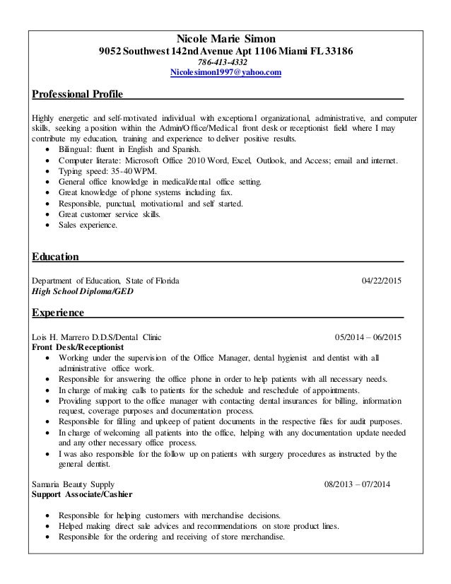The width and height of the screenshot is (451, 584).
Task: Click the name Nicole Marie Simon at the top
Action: pos(225,38)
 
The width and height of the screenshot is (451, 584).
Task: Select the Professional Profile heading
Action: pos(78,94)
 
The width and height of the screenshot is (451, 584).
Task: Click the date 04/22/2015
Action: pos(381,281)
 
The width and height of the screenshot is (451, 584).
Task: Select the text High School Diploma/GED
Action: pos(82,291)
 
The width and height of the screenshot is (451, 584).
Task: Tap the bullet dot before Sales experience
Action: pos(47,226)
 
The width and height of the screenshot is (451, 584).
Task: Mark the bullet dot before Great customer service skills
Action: pos(47,215)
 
